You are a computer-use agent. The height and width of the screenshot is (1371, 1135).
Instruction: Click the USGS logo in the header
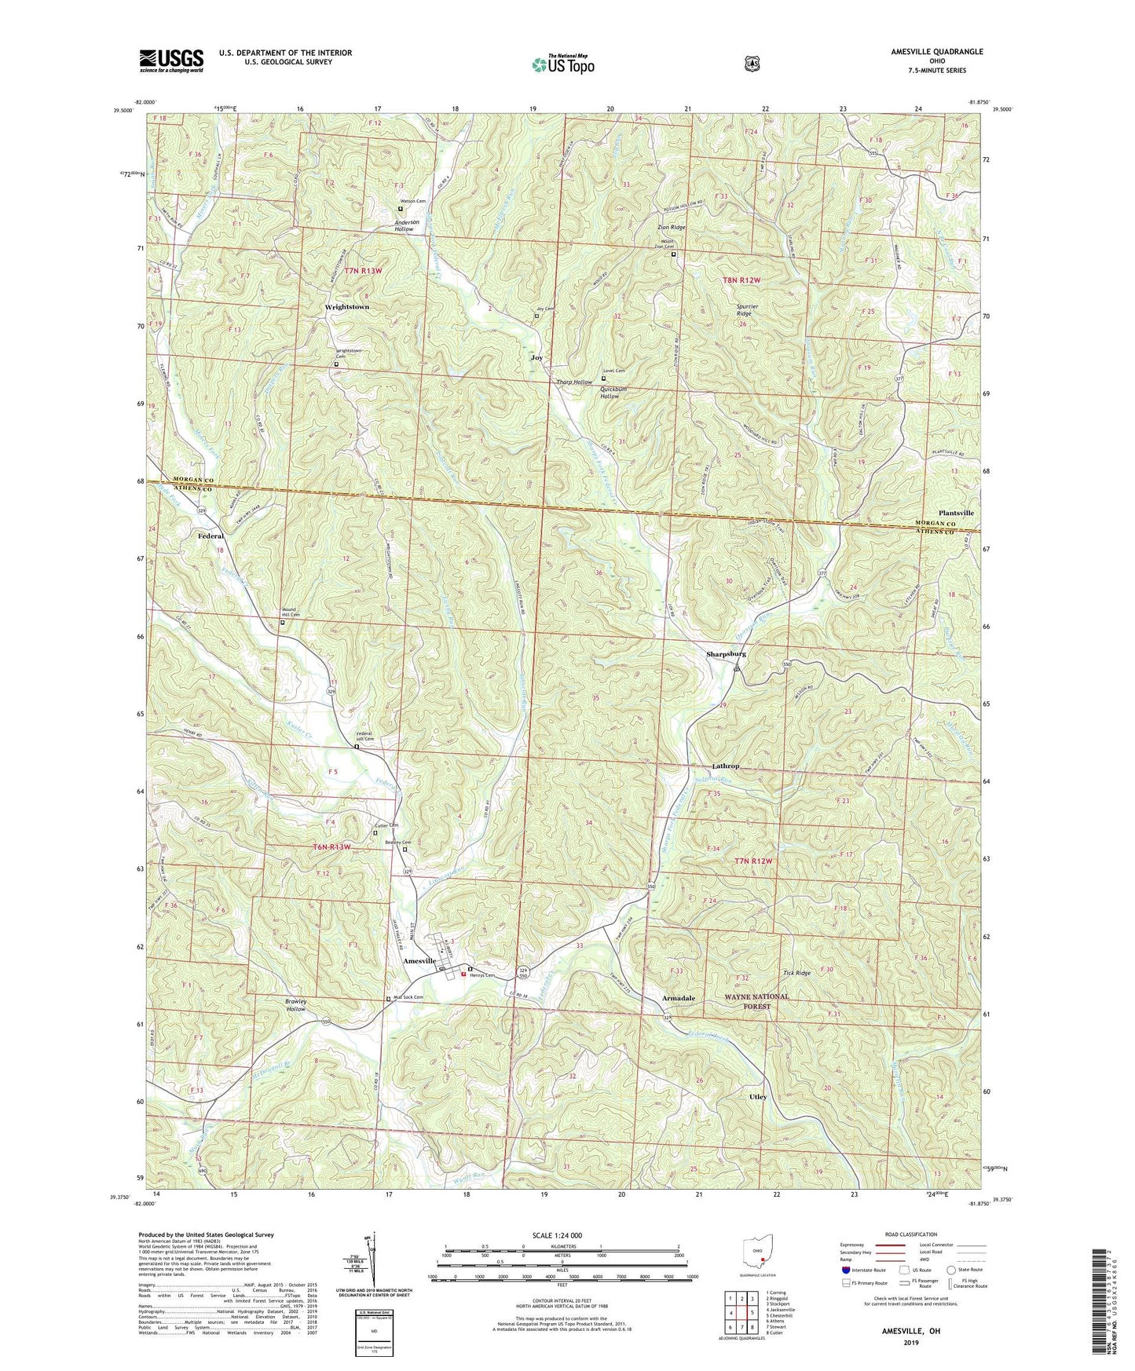pos(171,60)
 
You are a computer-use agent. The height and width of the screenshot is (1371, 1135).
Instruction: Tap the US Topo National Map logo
pos(562,64)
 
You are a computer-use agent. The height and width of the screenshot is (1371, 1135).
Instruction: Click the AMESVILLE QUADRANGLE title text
pos(925,52)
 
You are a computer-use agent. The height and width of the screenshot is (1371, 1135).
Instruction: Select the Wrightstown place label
pos(346,307)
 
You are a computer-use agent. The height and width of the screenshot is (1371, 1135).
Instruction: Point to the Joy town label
pos(536,357)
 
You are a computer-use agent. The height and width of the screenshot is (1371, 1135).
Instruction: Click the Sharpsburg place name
pos(725,654)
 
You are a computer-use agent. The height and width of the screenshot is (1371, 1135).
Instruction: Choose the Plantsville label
pos(955,513)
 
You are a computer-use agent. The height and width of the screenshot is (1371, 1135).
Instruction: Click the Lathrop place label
pos(725,766)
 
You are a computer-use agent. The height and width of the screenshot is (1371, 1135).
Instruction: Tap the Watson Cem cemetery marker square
pos(400,210)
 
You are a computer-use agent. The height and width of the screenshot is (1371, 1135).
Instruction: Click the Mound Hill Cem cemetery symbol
pos(283,623)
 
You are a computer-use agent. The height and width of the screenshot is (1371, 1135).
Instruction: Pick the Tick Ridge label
pos(796,974)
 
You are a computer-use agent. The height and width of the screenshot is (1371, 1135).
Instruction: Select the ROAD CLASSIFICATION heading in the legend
pos(910,1235)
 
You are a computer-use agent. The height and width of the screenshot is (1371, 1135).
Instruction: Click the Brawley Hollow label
pos(295,1006)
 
